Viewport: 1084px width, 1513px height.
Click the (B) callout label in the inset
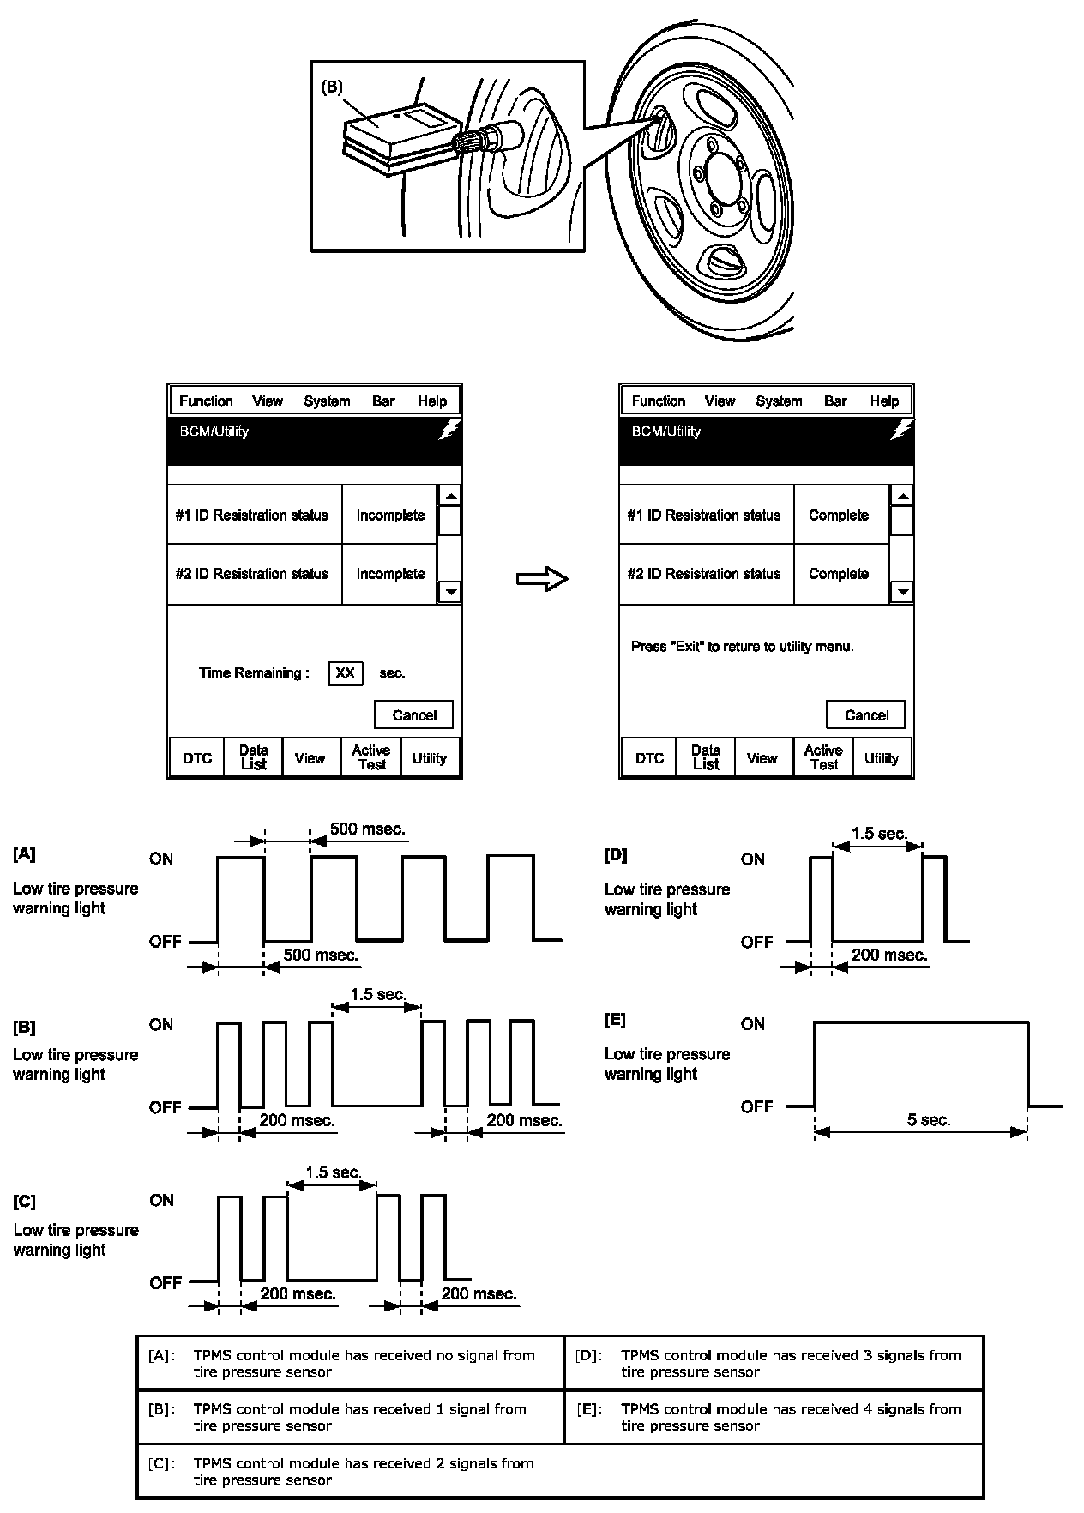click(332, 87)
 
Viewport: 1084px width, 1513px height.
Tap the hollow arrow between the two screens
click(542, 580)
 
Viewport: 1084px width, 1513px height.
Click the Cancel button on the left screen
click(413, 714)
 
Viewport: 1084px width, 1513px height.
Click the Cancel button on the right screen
click(865, 714)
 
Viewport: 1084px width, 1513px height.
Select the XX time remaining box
click(345, 673)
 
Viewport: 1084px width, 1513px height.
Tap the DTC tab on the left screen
click(197, 758)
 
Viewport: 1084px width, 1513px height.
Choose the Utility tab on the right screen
click(882, 758)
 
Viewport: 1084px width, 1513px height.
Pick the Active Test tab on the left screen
click(370, 757)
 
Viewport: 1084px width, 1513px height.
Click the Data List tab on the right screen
click(705, 757)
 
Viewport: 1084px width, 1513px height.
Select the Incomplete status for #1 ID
click(390, 515)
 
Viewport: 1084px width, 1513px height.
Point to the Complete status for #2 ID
click(839, 574)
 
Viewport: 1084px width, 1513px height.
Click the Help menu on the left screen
click(432, 401)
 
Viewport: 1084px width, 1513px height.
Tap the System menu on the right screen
click(779, 401)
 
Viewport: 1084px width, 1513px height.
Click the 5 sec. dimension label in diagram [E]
click(929, 1120)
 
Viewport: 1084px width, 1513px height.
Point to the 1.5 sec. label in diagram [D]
click(879, 833)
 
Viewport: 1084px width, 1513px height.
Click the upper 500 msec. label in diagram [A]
click(367, 829)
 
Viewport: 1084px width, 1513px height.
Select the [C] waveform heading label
click(25, 1202)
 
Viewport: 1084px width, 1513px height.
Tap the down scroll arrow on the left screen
click(450, 592)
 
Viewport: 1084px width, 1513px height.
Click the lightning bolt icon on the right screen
click(901, 431)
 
